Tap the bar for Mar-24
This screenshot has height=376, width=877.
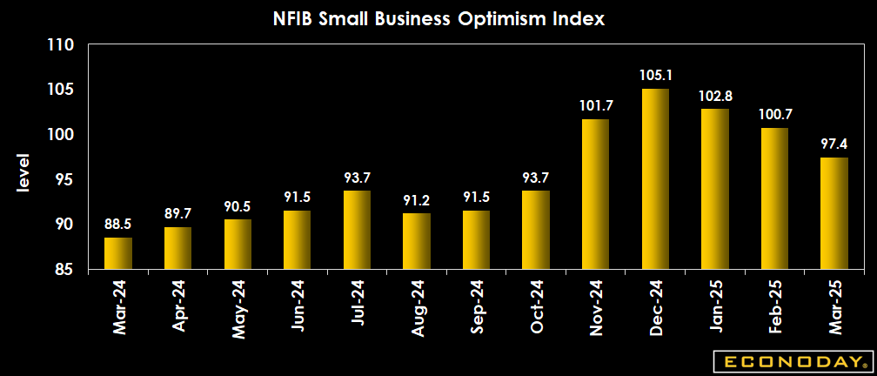pyautogui.click(x=118, y=253)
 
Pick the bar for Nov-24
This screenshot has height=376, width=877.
pyautogui.click(x=595, y=194)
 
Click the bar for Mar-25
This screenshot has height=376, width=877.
pyautogui.click(x=834, y=213)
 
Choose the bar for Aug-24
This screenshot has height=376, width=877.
pyautogui.click(x=417, y=241)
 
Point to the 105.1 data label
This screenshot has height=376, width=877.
pyautogui.click(x=655, y=75)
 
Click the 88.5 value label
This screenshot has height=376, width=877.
pyautogui.click(x=118, y=224)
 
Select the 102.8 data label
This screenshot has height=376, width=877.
pyautogui.click(x=715, y=95)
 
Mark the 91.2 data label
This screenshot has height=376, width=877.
pyautogui.click(x=417, y=199)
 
